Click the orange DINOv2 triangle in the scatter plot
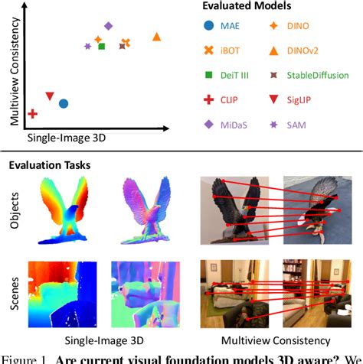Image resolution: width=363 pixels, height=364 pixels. pos(157,37)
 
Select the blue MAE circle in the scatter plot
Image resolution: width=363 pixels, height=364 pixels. pos(64,103)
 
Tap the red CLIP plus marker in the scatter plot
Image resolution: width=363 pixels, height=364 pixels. pos(33,114)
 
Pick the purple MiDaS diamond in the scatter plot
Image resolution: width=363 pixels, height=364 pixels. pos(108,27)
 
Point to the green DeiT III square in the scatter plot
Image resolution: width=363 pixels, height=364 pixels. pos(102,47)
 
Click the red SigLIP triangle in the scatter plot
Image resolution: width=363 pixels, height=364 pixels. pos(50,96)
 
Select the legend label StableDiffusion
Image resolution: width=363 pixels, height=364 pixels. pos(319,75)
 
